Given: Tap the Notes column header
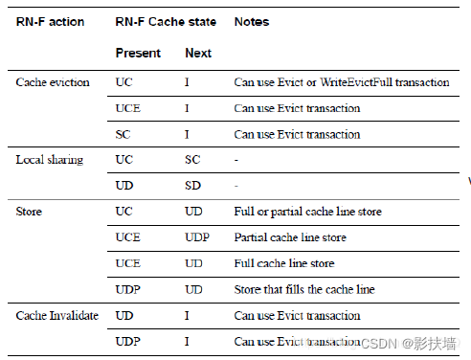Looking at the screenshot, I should tap(251, 20).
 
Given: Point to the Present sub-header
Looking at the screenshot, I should tap(138, 53).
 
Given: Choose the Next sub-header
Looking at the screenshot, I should tap(198, 53).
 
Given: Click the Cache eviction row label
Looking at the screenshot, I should tap(54, 82).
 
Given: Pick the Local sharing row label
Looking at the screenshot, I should tap(50, 160).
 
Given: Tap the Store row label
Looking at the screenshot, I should tap(30, 211).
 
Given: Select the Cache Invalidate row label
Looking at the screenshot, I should tap(57, 315).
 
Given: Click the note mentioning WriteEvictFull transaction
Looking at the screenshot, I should tap(342, 82).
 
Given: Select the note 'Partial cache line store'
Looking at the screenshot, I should tap(289, 237).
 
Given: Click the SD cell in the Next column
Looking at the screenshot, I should tap(192, 185).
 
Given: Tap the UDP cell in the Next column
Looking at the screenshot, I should tap(197, 237).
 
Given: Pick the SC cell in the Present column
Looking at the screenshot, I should tap(123, 134).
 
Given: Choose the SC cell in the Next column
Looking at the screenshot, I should tap(192, 160).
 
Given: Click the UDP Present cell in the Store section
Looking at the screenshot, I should tap(127, 289).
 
